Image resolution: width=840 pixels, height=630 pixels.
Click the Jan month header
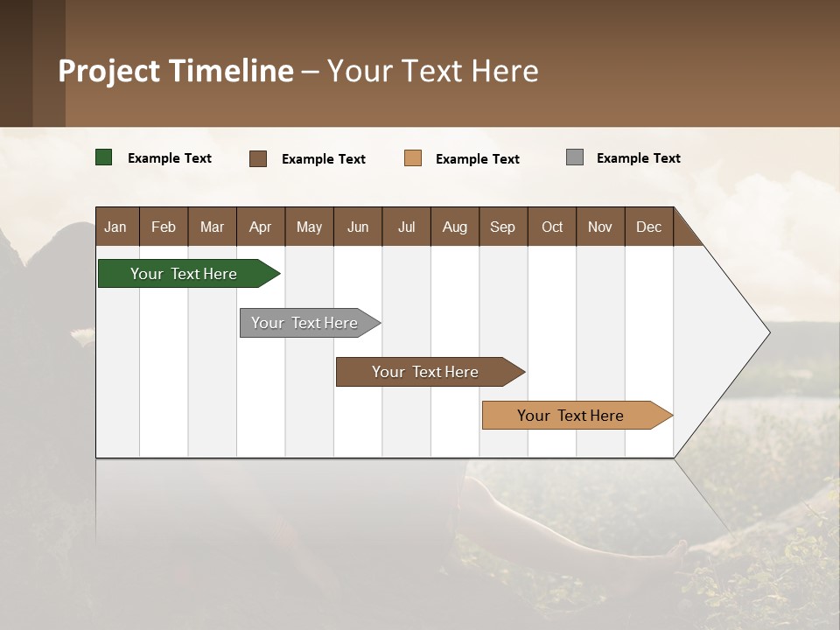115,227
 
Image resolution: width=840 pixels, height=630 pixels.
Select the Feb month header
164,227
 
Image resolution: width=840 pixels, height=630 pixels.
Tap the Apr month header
260,227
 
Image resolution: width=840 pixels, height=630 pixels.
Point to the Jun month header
357,227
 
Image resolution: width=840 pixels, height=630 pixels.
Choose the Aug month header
454,227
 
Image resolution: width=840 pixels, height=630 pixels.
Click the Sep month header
502,227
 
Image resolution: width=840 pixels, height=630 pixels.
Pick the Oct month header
551,227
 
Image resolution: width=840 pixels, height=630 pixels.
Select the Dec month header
648,227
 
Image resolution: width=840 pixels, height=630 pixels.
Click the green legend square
103,157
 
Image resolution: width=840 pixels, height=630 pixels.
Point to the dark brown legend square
258,158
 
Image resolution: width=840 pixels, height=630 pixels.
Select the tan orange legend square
413,158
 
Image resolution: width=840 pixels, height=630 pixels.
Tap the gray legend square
575,157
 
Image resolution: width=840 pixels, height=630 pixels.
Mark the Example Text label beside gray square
638,158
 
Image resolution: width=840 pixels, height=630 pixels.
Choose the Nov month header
599,227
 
